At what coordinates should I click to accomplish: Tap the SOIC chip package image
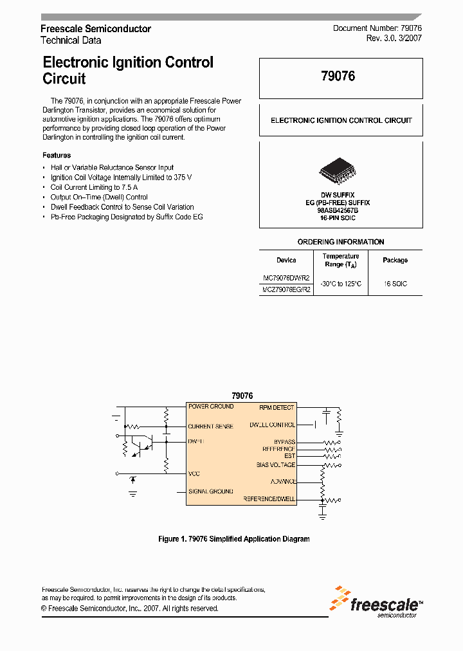[x=341, y=171]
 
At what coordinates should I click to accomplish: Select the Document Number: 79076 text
[x=377, y=29]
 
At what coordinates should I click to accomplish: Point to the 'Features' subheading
[x=57, y=155]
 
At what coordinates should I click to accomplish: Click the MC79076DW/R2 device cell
[x=286, y=278]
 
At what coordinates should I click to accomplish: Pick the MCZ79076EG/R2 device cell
[x=286, y=289]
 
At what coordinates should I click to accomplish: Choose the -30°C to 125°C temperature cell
[x=341, y=284]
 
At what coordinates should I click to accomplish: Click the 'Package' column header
[x=395, y=261]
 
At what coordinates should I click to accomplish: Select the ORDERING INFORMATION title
[x=341, y=242]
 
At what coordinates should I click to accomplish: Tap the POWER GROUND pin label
[x=210, y=407]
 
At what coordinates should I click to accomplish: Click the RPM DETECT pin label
[x=277, y=407]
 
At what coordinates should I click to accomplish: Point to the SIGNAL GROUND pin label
[x=210, y=491]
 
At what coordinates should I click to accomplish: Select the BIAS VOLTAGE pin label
[x=275, y=464]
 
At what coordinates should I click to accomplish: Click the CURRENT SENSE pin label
[x=210, y=426]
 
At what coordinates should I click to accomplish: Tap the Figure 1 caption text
[x=233, y=539]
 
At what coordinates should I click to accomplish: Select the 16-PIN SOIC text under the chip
[x=338, y=218]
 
